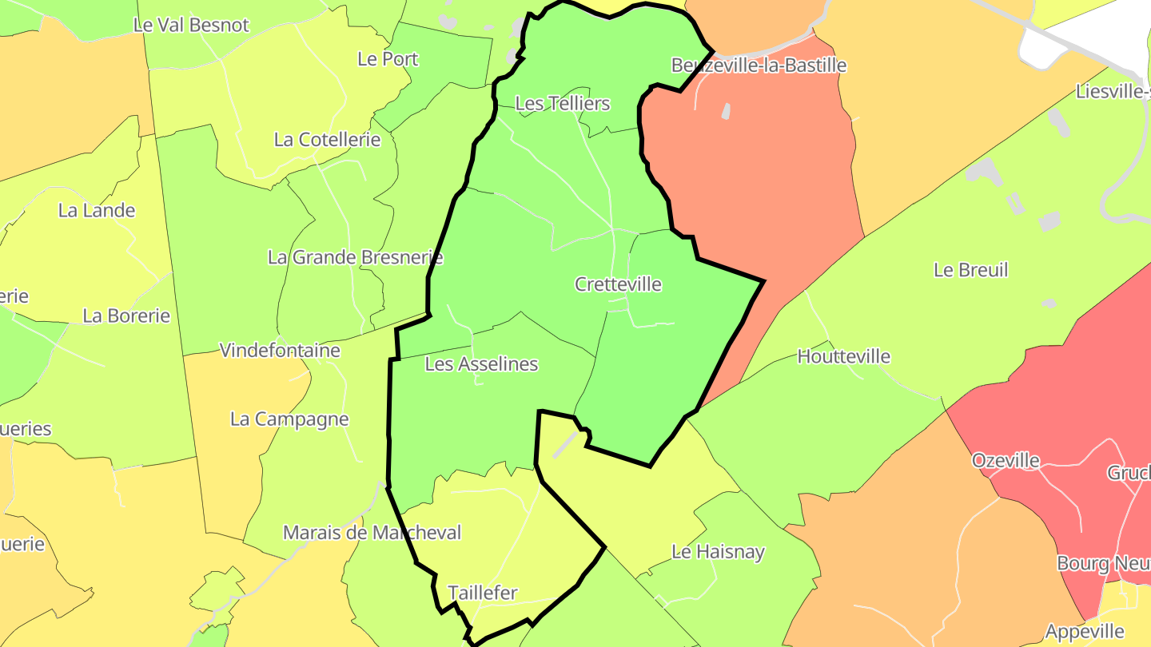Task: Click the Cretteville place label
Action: click(618, 284)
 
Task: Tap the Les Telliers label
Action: click(562, 103)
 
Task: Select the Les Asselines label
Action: click(481, 364)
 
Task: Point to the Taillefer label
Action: click(482, 593)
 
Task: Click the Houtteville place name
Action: click(843, 356)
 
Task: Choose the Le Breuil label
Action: click(970, 270)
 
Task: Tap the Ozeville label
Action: click(1006, 460)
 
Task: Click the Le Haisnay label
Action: click(718, 551)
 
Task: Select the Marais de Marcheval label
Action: click(372, 533)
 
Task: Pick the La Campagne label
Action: click(289, 419)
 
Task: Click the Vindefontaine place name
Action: click(280, 351)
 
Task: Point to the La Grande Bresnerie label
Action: click(355, 257)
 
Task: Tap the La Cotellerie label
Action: click(327, 140)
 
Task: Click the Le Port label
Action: click(388, 58)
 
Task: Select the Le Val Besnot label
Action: click(191, 25)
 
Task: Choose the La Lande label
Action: click(97, 211)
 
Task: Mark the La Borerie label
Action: click(126, 316)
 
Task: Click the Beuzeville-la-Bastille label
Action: click(758, 65)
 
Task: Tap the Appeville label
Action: click(1085, 632)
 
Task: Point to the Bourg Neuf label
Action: click(1103, 563)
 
